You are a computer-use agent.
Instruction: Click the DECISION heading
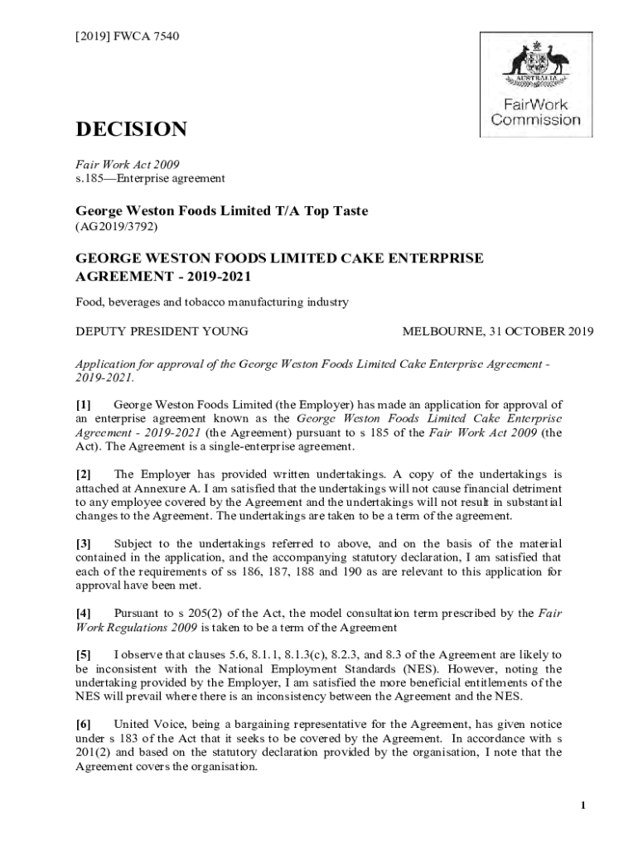pyautogui.click(x=131, y=129)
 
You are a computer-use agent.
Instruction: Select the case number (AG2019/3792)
pyautogui.click(x=117, y=225)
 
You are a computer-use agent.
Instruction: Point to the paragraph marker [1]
pyautogui.click(x=84, y=406)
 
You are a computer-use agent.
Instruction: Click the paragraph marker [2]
pyautogui.click(x=84, y=475)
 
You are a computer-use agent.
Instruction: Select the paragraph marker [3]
pyautogui.click(x=84, y=543)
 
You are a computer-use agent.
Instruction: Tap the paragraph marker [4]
pyautogui.click(x=84, y=613)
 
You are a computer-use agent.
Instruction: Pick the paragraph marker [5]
pyautogui.click(x=84, y=656)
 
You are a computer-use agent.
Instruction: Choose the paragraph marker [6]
pyautogui.click(x=84, y=725)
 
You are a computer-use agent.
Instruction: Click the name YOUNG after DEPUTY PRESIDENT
pyautogui.click(x=225, y=332)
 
